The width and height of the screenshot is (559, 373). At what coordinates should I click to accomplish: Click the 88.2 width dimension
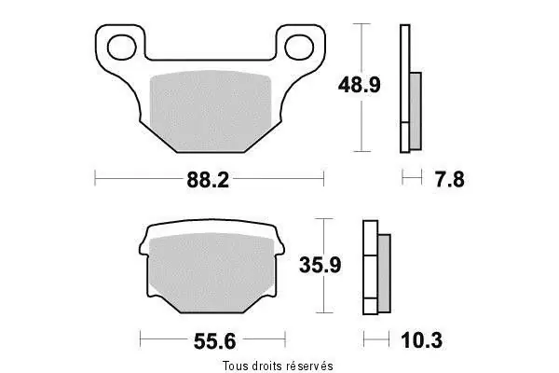click(208, 180)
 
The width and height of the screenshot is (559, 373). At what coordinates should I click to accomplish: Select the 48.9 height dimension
click(359, 85)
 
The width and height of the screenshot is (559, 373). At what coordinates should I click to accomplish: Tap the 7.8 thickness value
click(450, 180)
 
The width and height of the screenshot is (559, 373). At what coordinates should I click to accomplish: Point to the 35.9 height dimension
click(320, 265)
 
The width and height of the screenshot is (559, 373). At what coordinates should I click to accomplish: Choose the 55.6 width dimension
click(214, 341)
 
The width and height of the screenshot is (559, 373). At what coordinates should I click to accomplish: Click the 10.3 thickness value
click(422, 340)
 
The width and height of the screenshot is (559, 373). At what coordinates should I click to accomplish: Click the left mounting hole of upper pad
click(122, 48)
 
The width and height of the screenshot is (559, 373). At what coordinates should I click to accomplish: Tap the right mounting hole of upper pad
click(299, 47)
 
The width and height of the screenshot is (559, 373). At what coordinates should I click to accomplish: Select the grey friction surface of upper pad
click(211, 109)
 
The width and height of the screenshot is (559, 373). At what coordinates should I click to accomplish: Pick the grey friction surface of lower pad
click(211, 271)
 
